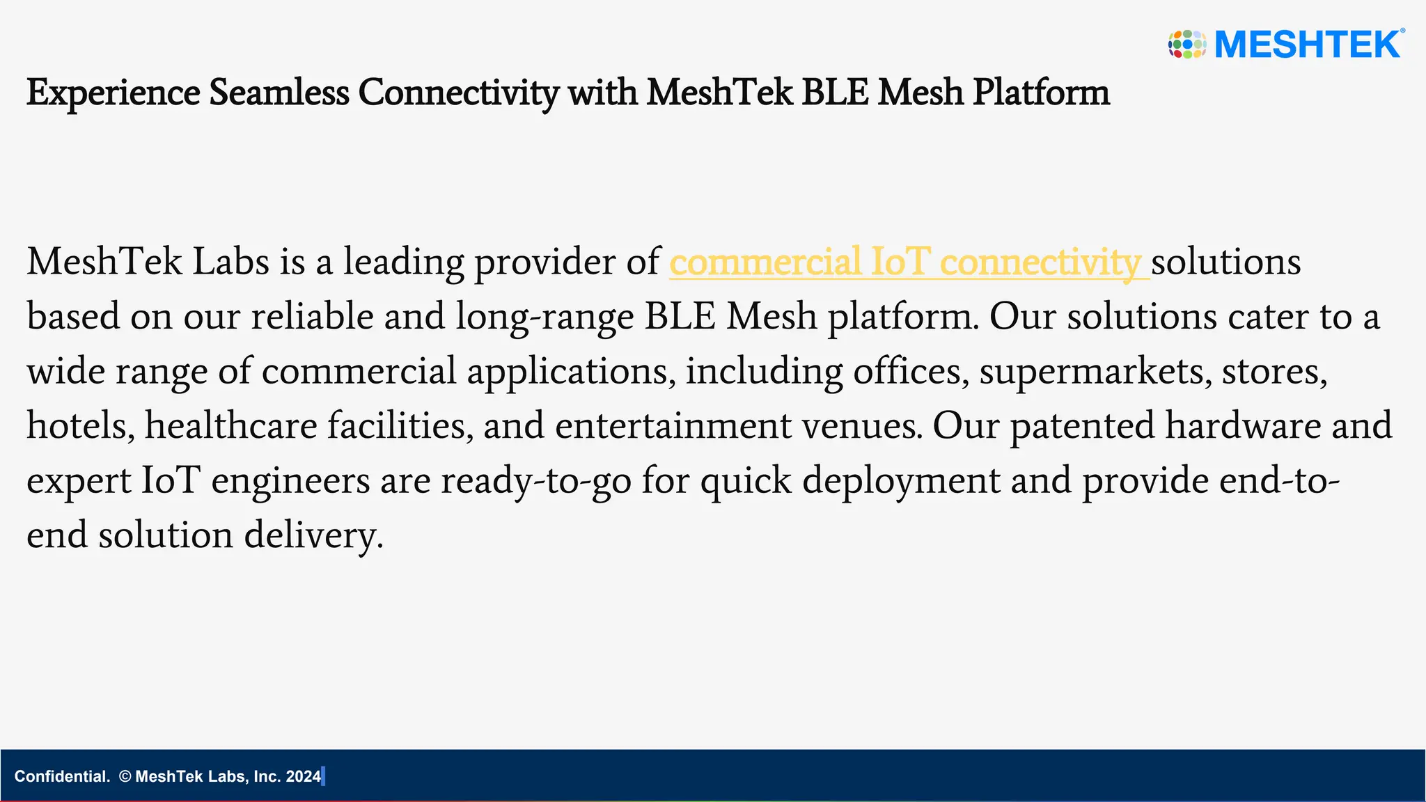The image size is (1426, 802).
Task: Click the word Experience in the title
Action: (113, 93)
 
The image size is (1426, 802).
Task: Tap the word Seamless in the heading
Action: (279, 93)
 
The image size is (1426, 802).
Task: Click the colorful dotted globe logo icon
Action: (1187, 44)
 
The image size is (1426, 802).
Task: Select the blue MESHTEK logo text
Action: (1308, 45)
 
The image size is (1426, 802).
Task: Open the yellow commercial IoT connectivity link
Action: (904, 262)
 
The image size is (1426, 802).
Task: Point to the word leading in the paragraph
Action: (403, 262)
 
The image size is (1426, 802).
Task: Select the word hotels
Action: (80, 425)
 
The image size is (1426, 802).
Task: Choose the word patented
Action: (1082, 425)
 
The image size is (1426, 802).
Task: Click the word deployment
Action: (901, 480)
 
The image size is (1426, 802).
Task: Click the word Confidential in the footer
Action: (61, 776)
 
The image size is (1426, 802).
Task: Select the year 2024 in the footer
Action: (303, 776)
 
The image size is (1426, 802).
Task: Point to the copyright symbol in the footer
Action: (125, 776)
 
